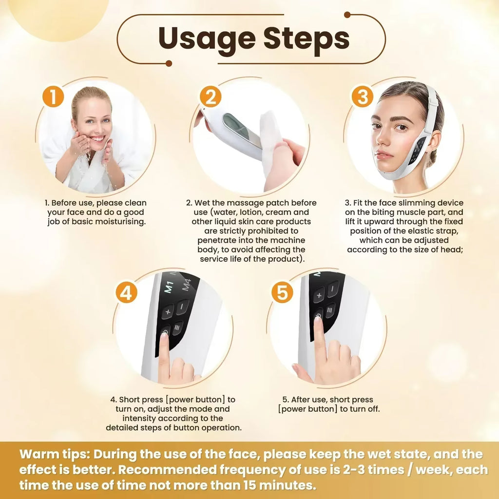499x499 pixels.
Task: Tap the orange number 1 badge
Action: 53,96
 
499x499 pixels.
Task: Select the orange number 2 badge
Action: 211,97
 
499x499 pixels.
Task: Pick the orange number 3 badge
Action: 362,97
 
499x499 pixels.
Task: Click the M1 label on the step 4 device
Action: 169,287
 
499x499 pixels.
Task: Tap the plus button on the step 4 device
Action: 167,311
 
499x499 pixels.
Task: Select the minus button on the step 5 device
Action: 333,289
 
